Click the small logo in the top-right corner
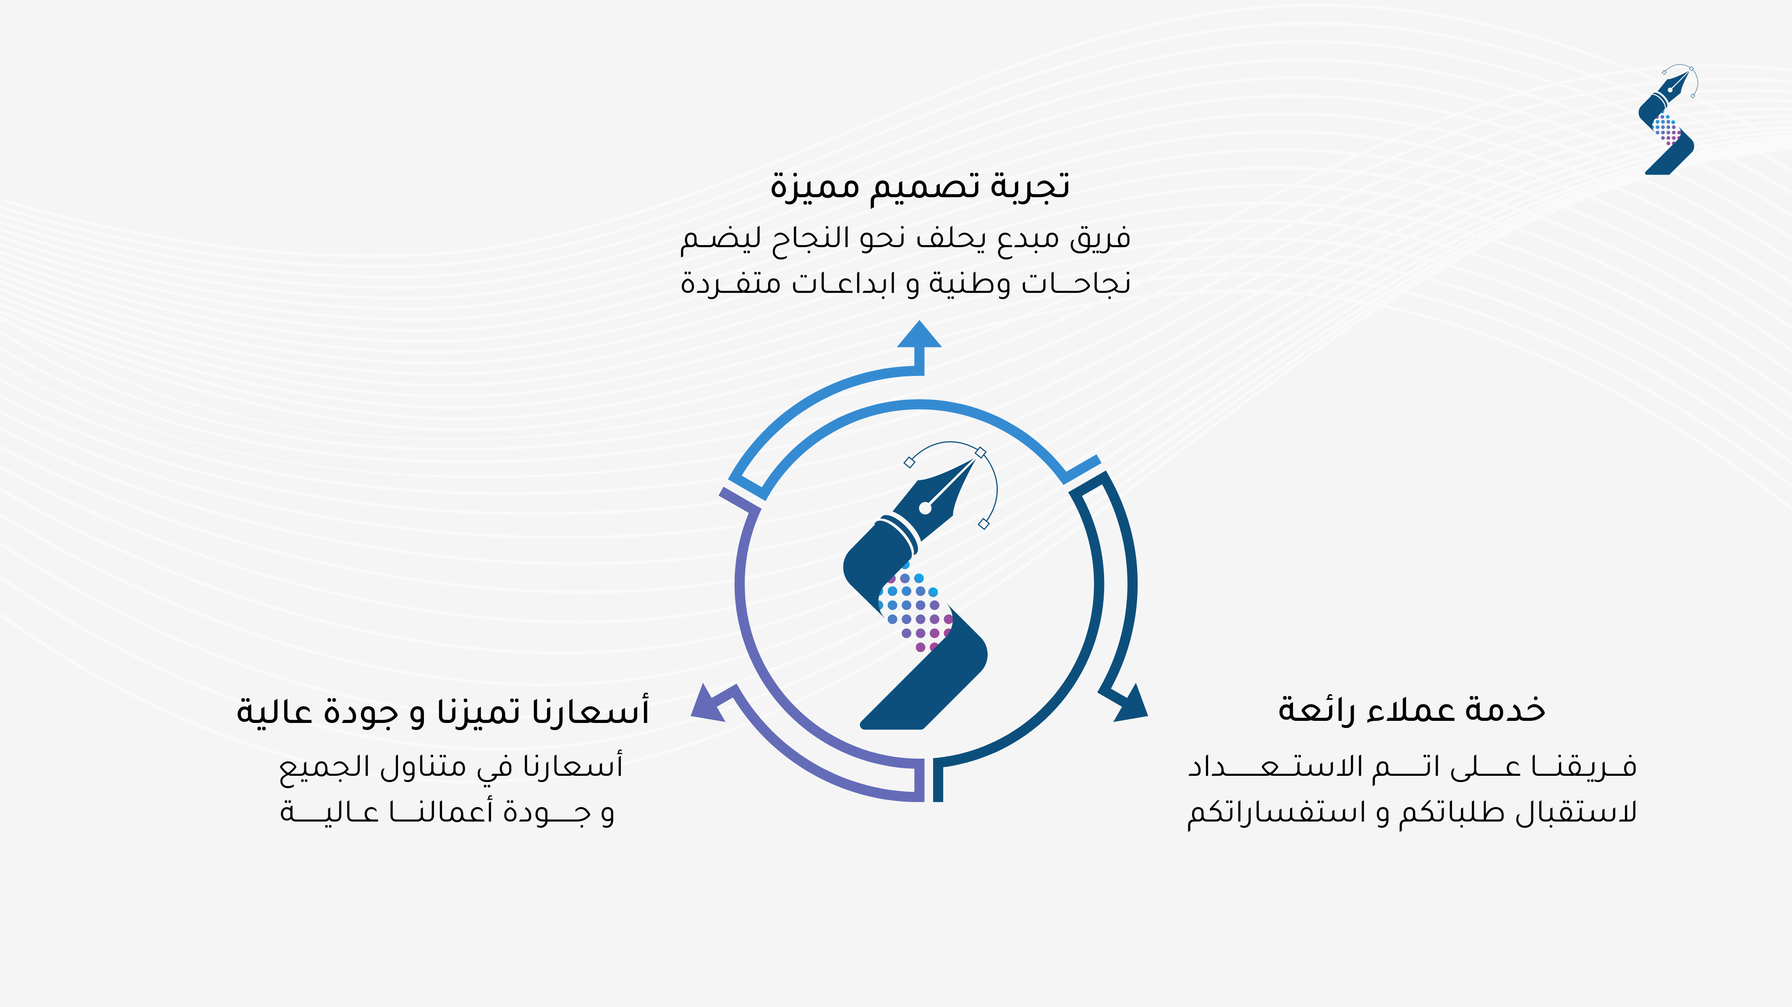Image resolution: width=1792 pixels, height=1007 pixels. [1667, 120]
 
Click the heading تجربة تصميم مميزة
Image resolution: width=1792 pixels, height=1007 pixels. [920, 186]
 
